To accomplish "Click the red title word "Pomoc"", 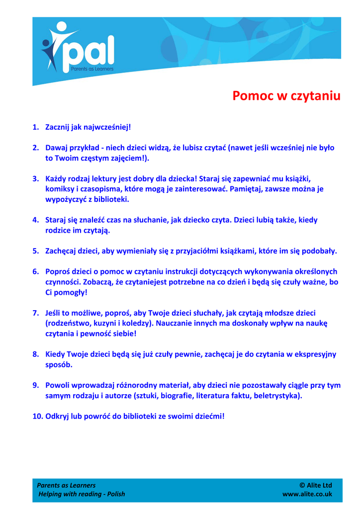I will click(x=252, y=95).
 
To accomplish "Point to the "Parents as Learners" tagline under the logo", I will click(x=92, y=68).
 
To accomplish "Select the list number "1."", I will click(x=36, y=127).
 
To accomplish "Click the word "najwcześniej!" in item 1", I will click(x=107, y=127).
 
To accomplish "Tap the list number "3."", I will click(x=36, y=178).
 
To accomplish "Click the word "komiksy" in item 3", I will click(x=60, y=189).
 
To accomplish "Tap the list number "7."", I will click(x=36, y=313).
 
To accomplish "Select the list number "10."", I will click(x=38, y=416).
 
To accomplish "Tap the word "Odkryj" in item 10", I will click(x=58, y=416).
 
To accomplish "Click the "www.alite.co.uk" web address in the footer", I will click(x=307, y=494).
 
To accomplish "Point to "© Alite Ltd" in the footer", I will click(x=316, y=485).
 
